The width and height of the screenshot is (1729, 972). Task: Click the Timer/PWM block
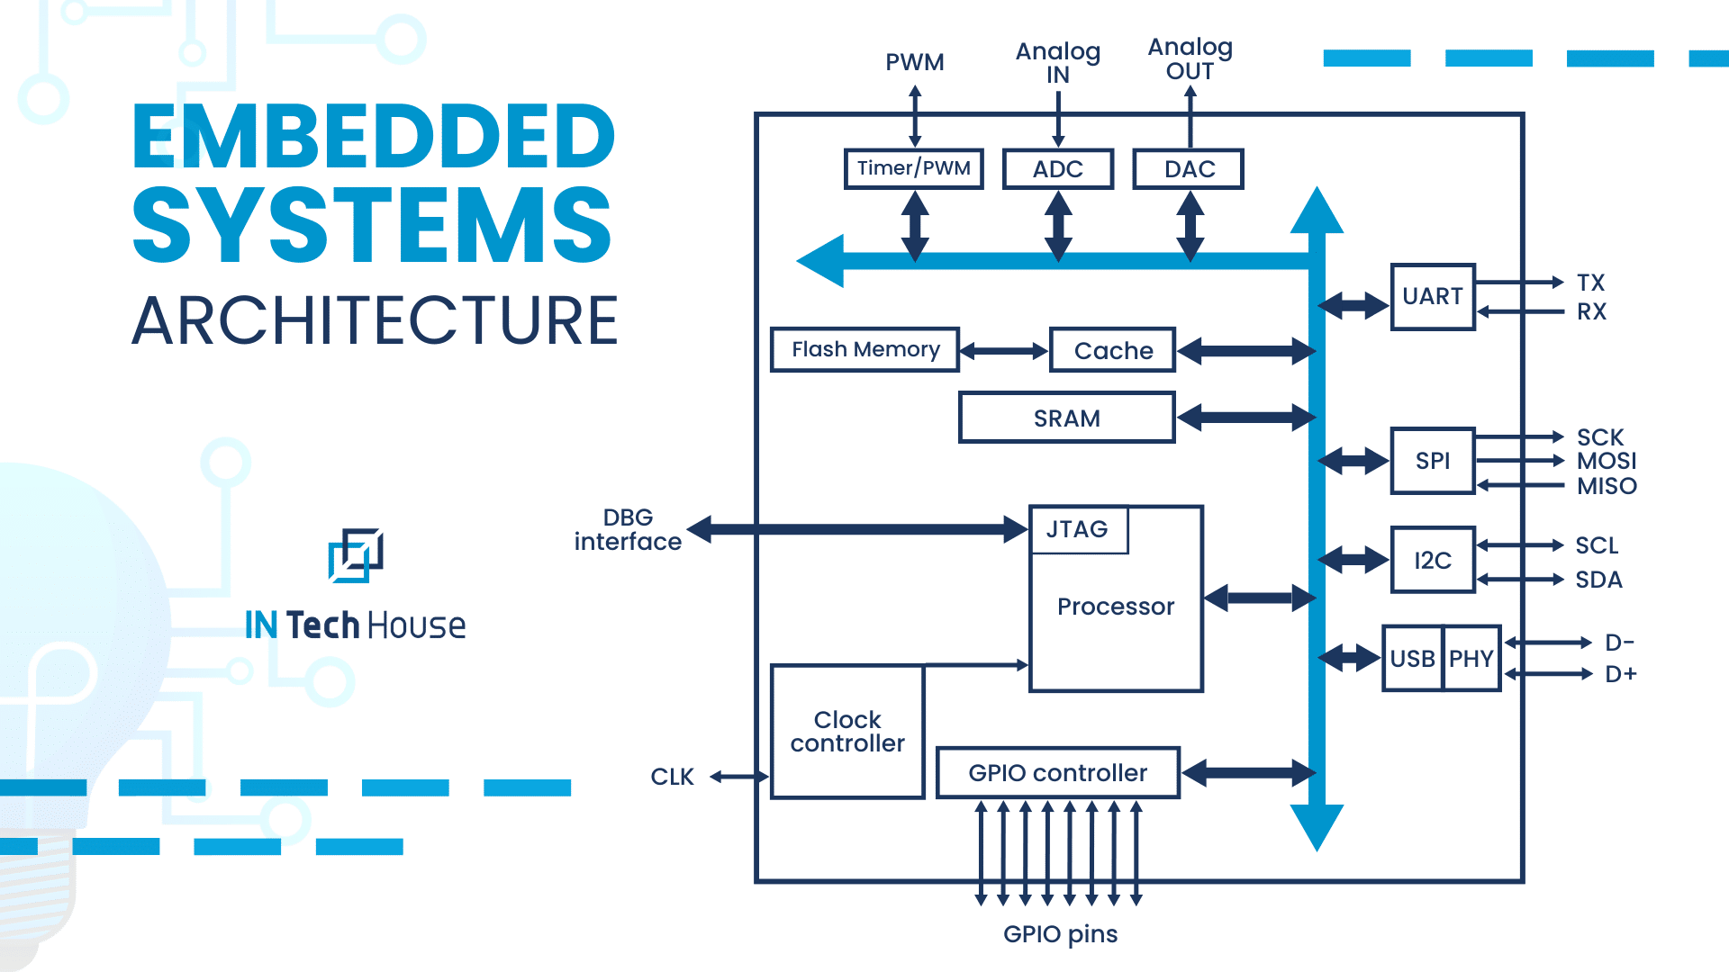tap(913, 168)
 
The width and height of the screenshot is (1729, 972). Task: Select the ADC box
tap(1058, 169)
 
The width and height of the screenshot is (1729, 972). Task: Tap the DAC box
tap(1189, 169)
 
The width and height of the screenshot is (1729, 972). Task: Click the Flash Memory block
tap(864, 349)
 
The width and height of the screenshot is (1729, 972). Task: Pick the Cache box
tap(1113, 350)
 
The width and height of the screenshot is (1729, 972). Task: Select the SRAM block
tap(1067, 418)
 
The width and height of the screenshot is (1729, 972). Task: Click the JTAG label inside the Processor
tap(1078, 529)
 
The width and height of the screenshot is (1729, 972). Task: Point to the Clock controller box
tap(847, 731)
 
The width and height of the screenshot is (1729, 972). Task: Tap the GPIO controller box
tap(1058, 772)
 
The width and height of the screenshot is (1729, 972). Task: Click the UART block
tap(1432, 296)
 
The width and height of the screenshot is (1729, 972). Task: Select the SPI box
tap(1432, 461)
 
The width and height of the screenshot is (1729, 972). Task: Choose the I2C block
tap(1432, 560)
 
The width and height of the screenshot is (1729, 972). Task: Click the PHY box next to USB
tap(1471, 659)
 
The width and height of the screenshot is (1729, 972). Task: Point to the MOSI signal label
tap(1606, 461)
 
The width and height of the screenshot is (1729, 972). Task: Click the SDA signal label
tap(1598, 580)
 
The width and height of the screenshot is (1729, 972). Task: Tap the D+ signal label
tap(1620, 674)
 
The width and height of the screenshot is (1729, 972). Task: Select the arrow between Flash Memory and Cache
tap(1004, 351)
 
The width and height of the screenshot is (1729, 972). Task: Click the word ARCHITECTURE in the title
tap(375, 320)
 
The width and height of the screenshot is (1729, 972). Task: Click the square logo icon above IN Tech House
tap(356, 555)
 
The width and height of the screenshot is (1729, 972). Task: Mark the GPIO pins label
tap(1060, 934)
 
